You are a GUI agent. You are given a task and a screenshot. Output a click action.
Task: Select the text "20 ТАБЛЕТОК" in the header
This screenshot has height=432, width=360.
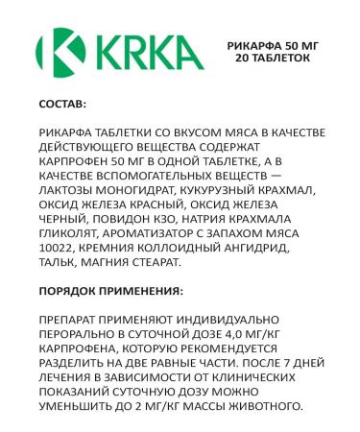(274, 58)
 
